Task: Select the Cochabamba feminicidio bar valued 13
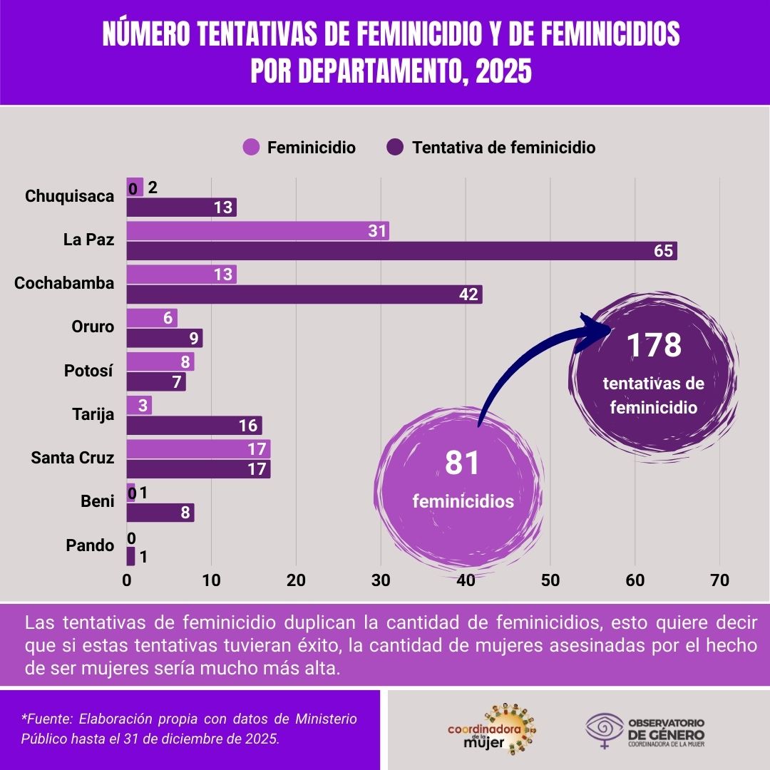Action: tap(181, 274)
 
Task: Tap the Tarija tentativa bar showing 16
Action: tap(194, 426)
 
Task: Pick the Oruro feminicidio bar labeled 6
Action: tap(152, 318)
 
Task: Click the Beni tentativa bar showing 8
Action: tap(160, 513)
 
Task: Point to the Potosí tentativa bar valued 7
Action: tap(156, 381)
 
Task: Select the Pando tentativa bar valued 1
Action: tap(130, 556)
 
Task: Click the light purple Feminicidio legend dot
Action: tap(251, 148)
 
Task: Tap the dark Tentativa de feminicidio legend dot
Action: tap(396, 148)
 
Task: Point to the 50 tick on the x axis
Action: tap(550, 580)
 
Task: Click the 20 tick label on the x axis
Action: tap(296, 580)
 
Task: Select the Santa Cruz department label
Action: tap(73, 458)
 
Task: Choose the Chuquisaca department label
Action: tap(70, 196)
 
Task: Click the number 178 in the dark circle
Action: tap(654, 345)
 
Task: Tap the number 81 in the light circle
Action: tap(463, 463)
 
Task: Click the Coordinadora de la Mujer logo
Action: tap(492, 729)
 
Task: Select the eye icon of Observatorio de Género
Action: tap(605, 728)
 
